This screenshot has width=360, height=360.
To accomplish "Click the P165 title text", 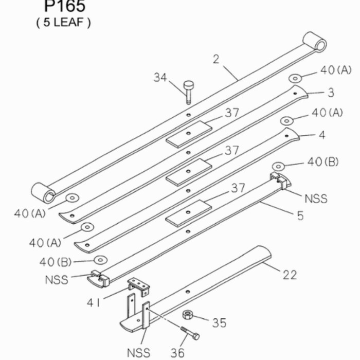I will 65,6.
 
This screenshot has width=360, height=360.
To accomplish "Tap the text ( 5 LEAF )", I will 63,23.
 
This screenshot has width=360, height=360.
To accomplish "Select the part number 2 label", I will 215,59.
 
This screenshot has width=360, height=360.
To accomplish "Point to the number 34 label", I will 160,78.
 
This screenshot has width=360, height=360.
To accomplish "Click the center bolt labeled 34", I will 188,91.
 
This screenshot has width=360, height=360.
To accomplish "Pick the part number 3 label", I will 331,93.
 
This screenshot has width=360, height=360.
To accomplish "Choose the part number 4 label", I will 322,136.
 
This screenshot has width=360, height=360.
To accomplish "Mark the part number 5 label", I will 300,215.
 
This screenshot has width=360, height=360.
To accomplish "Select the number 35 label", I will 219,323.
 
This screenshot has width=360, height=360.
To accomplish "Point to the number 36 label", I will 177,352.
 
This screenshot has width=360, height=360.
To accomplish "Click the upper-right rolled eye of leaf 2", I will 314,42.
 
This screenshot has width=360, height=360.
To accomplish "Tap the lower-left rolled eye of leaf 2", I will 43,193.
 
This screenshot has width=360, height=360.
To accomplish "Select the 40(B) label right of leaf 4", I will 323,161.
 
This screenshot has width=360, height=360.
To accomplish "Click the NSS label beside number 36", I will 138,353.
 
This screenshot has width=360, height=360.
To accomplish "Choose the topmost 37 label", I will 232,113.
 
